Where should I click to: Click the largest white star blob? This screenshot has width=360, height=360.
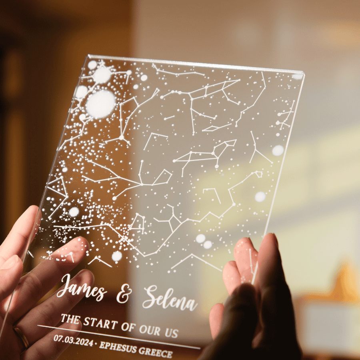[100, 104]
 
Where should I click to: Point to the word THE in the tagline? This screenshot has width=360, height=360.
[70, 319]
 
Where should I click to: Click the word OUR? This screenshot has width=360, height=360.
[150, 329]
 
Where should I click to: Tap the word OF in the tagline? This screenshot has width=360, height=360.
[128, 326]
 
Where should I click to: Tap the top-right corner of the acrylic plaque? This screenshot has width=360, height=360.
[304, 74]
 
